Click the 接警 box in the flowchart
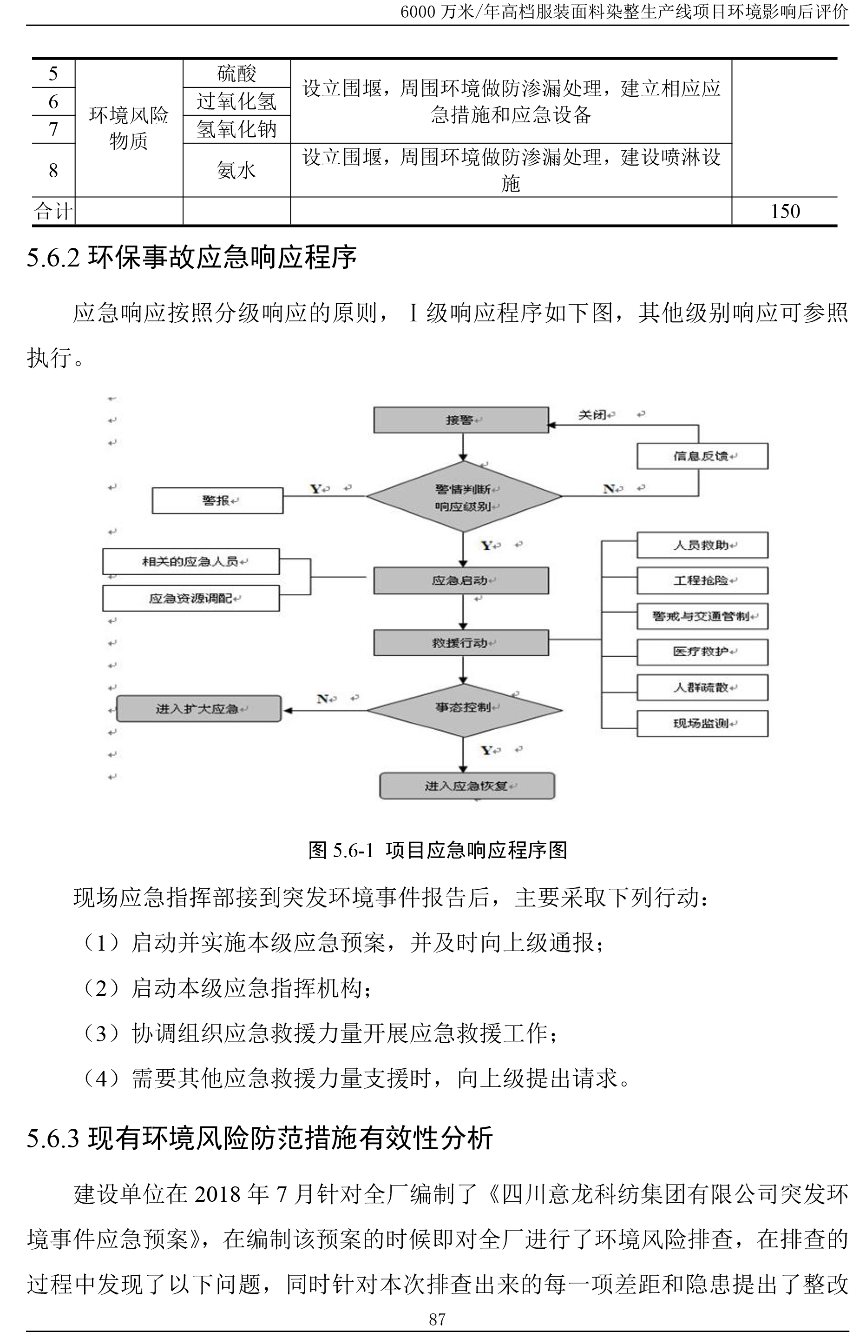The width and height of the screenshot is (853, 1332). pos(461,420)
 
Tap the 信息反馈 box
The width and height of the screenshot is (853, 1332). pos(702,456)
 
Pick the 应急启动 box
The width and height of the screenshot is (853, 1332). pos(461,580)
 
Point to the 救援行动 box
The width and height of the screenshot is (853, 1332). pos(461,643)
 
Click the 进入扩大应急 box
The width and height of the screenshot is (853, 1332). pos(198,709)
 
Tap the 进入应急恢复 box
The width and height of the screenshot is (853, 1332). pos(466,786)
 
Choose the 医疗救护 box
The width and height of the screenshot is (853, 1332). pos(702,652)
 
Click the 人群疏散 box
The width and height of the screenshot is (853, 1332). pos(702,688)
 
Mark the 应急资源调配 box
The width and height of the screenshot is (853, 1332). pos(190,599)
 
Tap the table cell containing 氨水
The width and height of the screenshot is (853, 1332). pos(236,170)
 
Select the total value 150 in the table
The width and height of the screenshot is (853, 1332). pos(785,211)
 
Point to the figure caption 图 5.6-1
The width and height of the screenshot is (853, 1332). pos(438,850)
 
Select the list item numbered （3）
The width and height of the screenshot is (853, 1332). pos(320,1033)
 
